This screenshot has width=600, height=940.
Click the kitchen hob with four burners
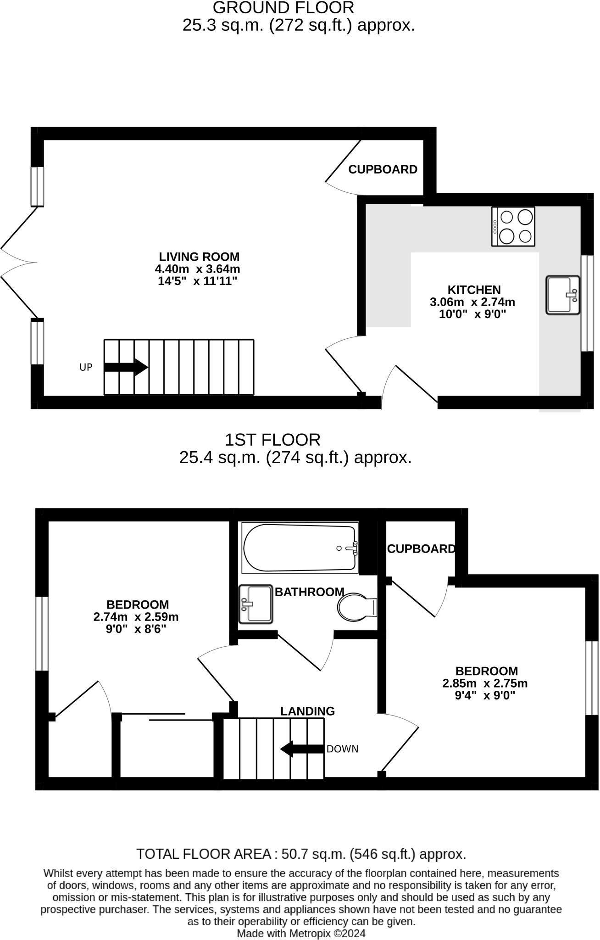(513, 227)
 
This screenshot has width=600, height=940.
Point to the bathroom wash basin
(256, 604)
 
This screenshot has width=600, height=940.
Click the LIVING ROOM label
(199, 257)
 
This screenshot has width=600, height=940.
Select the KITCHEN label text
(474, 290)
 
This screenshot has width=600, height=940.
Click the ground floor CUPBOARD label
(383, 169)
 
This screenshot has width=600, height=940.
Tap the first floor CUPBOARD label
(421, 549)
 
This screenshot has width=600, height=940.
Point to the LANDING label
(307, 711)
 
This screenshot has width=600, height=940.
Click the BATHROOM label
(309, 592)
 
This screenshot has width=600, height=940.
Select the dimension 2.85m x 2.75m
(485, 683)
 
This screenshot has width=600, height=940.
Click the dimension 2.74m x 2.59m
(136, 617)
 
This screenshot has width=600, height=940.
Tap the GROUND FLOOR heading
(283, 8)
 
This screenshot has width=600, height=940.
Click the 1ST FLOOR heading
(272, 440)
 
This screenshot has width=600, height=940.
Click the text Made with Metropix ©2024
(301, 934)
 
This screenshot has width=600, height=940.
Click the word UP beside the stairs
(86, 367)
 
